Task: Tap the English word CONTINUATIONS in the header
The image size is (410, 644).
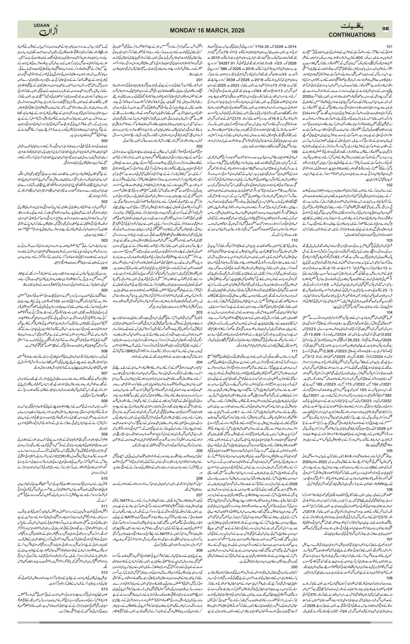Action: click(x=352, y=35)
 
